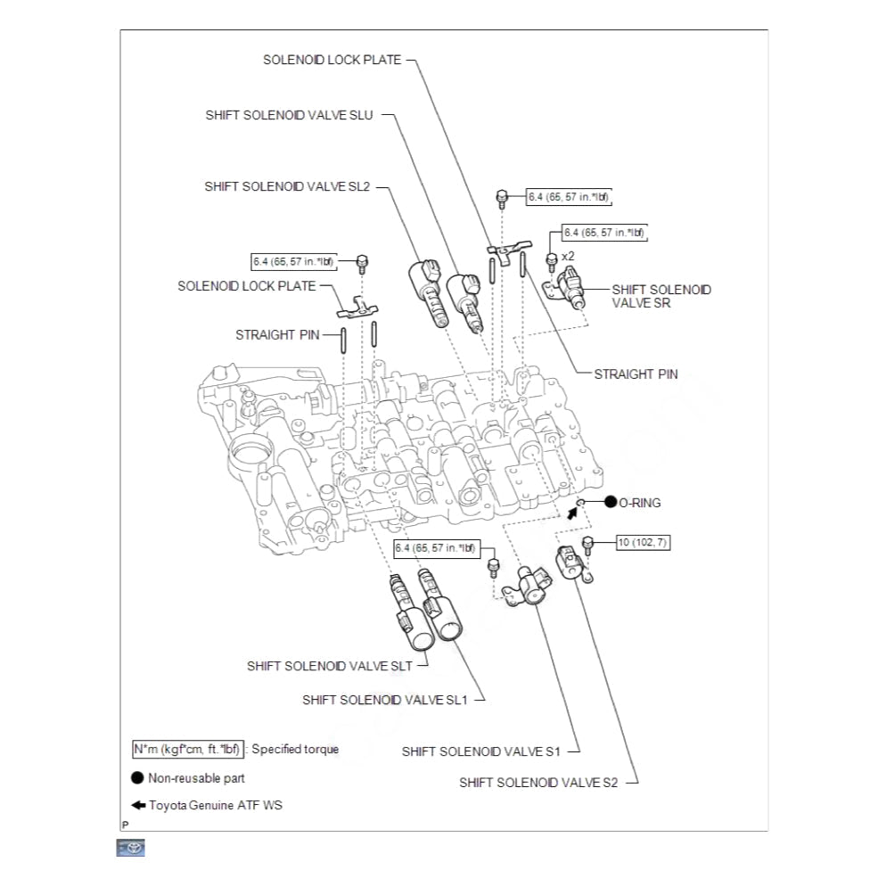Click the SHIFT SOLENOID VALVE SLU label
(290, 115)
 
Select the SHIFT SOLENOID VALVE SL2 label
(287, 186)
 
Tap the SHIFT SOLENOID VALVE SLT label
(330, 666)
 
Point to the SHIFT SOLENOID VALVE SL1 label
(385, 700)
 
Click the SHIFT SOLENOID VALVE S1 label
(480, 751)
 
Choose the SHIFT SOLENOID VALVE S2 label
(538, 783)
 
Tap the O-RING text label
(640, 503)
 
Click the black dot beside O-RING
(611, 503)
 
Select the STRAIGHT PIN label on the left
(277, 335)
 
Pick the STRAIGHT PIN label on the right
(636, 374)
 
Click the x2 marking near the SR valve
(568, 256)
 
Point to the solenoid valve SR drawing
(573, 289)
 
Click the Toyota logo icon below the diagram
(130, 848)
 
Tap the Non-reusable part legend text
(196, 778)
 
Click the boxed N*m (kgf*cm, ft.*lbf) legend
(186, 750)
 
